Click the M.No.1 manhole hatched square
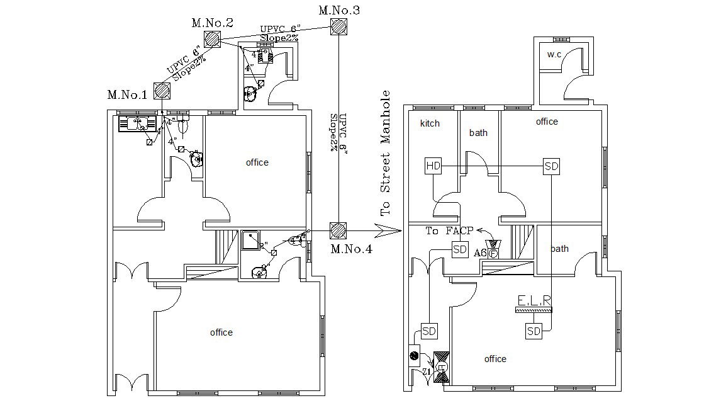click(162, 91)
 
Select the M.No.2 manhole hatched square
click(212, 40)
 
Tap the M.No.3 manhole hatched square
click(338, 26)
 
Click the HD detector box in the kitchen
click(433, 166)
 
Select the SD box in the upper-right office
click(551, 166)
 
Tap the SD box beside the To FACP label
click(461, 249)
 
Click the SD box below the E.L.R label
click(534, 331)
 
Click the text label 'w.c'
click(554, 55)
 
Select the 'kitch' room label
click(430, 123)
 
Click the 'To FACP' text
click(449, 231)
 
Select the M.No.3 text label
click(340, 10)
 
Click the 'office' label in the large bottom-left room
click(221, 332)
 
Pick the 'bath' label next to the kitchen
click(478, 133)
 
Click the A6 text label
click(480, 253)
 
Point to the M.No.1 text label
click(127, 95)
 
